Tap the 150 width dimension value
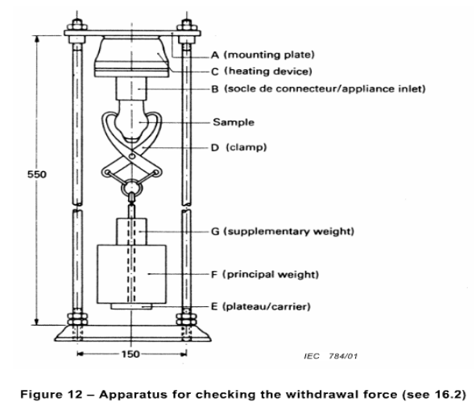point(131,353)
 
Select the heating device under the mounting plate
point(132,56)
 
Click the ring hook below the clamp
point(130,191)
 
